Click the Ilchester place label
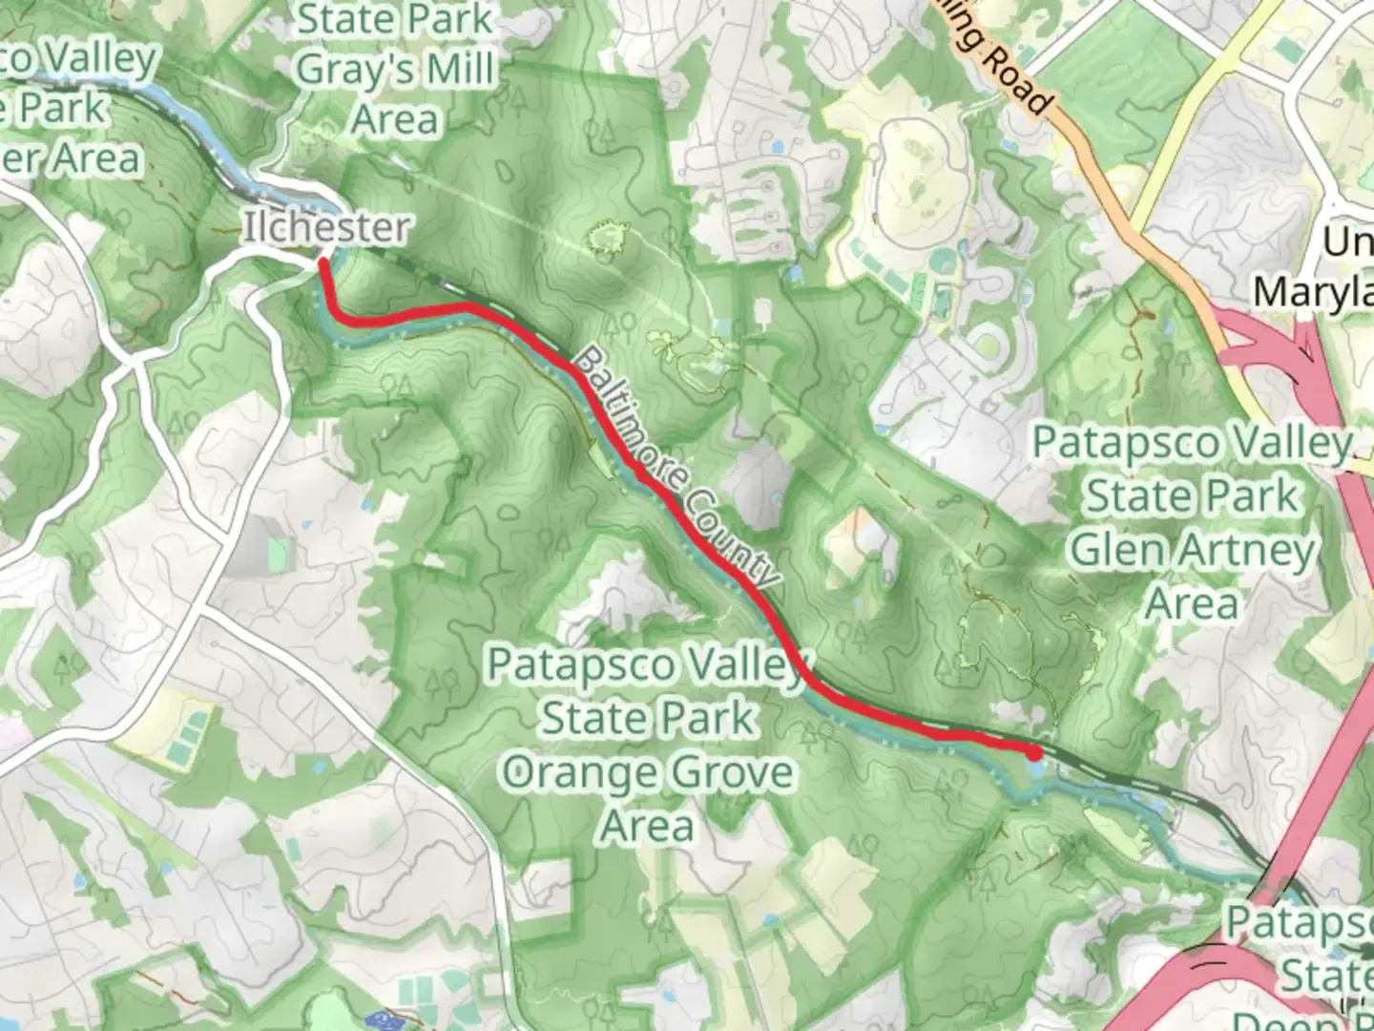point(326,227)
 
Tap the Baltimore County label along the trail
point(678,469)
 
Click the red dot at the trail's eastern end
point(1034,753)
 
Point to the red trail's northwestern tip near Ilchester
point(323,260)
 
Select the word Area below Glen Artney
point(1191,603)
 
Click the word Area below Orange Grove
point(647,825)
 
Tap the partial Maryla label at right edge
point(1314,291)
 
